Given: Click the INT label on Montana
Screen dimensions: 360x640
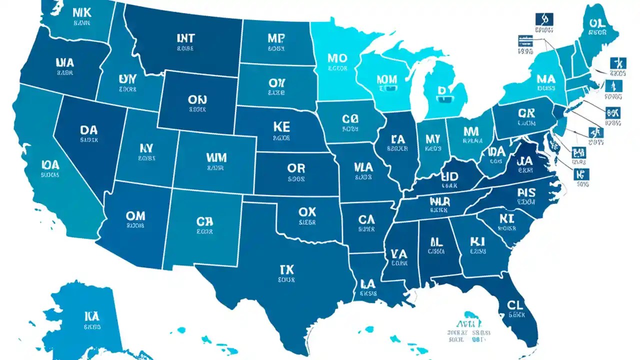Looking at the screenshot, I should coord(185,38).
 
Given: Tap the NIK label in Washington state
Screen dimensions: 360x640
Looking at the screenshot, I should coord(81,11).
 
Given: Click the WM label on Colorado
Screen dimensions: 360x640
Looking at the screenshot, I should coord(216,158).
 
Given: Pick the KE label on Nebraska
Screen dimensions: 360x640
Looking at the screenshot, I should coord(281,126).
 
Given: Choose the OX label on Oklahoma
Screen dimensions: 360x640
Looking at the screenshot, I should coord(307,211).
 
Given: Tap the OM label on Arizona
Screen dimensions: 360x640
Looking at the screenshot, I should coord(135,215).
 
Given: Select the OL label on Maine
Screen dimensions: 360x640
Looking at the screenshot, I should coord(597,23).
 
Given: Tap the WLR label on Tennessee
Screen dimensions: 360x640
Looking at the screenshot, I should coord(440,201).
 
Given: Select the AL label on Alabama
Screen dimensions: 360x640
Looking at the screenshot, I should coord(436,242).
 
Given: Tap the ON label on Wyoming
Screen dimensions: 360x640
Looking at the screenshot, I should coord(197,99).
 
